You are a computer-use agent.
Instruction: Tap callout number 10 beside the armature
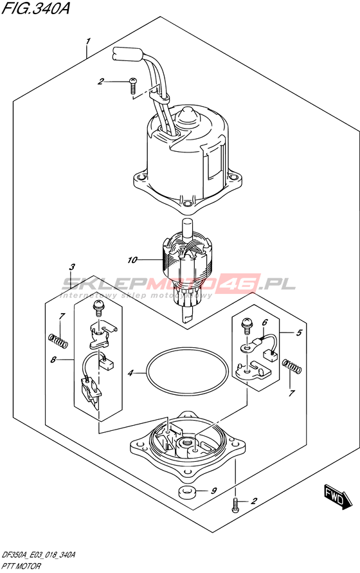[132, 260]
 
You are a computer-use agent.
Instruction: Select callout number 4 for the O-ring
[130, 373]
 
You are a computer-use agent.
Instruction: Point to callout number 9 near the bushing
[214, 490]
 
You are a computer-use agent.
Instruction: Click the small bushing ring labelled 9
[188, 492]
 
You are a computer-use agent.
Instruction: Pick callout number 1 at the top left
[87, 41]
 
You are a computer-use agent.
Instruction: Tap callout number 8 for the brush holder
[53, 360]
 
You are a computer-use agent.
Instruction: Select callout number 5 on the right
[299, 332]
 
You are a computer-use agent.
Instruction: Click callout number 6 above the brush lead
[265, 322]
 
